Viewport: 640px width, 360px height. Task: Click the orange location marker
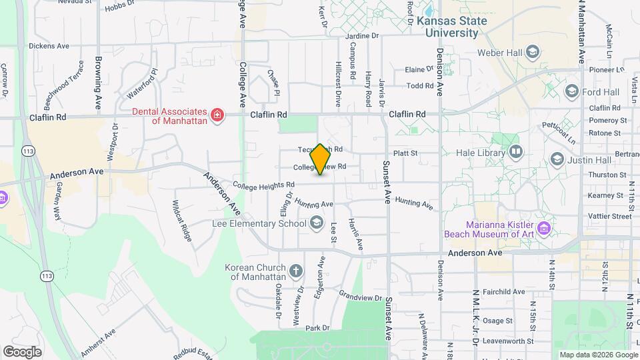point(321,159)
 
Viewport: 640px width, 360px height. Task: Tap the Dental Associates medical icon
point(217,116)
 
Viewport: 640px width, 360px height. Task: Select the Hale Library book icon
point(515,153)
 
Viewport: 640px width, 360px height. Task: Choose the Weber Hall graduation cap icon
point(532,52)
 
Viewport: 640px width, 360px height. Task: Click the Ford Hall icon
point(571,91)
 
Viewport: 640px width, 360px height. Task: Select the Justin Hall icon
point(557,159)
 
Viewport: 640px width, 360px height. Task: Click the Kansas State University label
point(451,26)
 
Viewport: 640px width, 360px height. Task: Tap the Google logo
point(22,352)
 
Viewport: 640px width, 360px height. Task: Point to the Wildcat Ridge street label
point(182,220)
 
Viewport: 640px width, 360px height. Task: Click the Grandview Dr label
point(360,295)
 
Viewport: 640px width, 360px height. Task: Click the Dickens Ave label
point(49,47)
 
